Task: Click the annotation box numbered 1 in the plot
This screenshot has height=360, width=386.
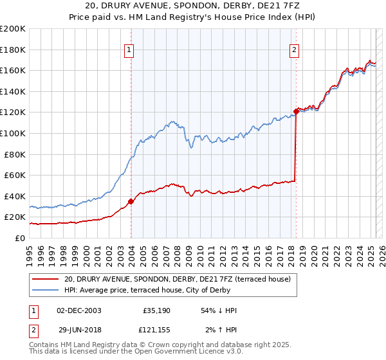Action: (129, 50)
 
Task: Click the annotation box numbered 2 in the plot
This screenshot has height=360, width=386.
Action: (294, 50)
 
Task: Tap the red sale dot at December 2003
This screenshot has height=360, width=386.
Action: (131, 201)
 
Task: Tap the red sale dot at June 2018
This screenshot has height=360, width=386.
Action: (296, 111)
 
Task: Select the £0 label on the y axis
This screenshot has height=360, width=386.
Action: (21, 238)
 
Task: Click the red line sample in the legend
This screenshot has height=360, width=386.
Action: (45, 279)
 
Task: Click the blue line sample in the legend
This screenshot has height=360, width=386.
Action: (45, 289)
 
